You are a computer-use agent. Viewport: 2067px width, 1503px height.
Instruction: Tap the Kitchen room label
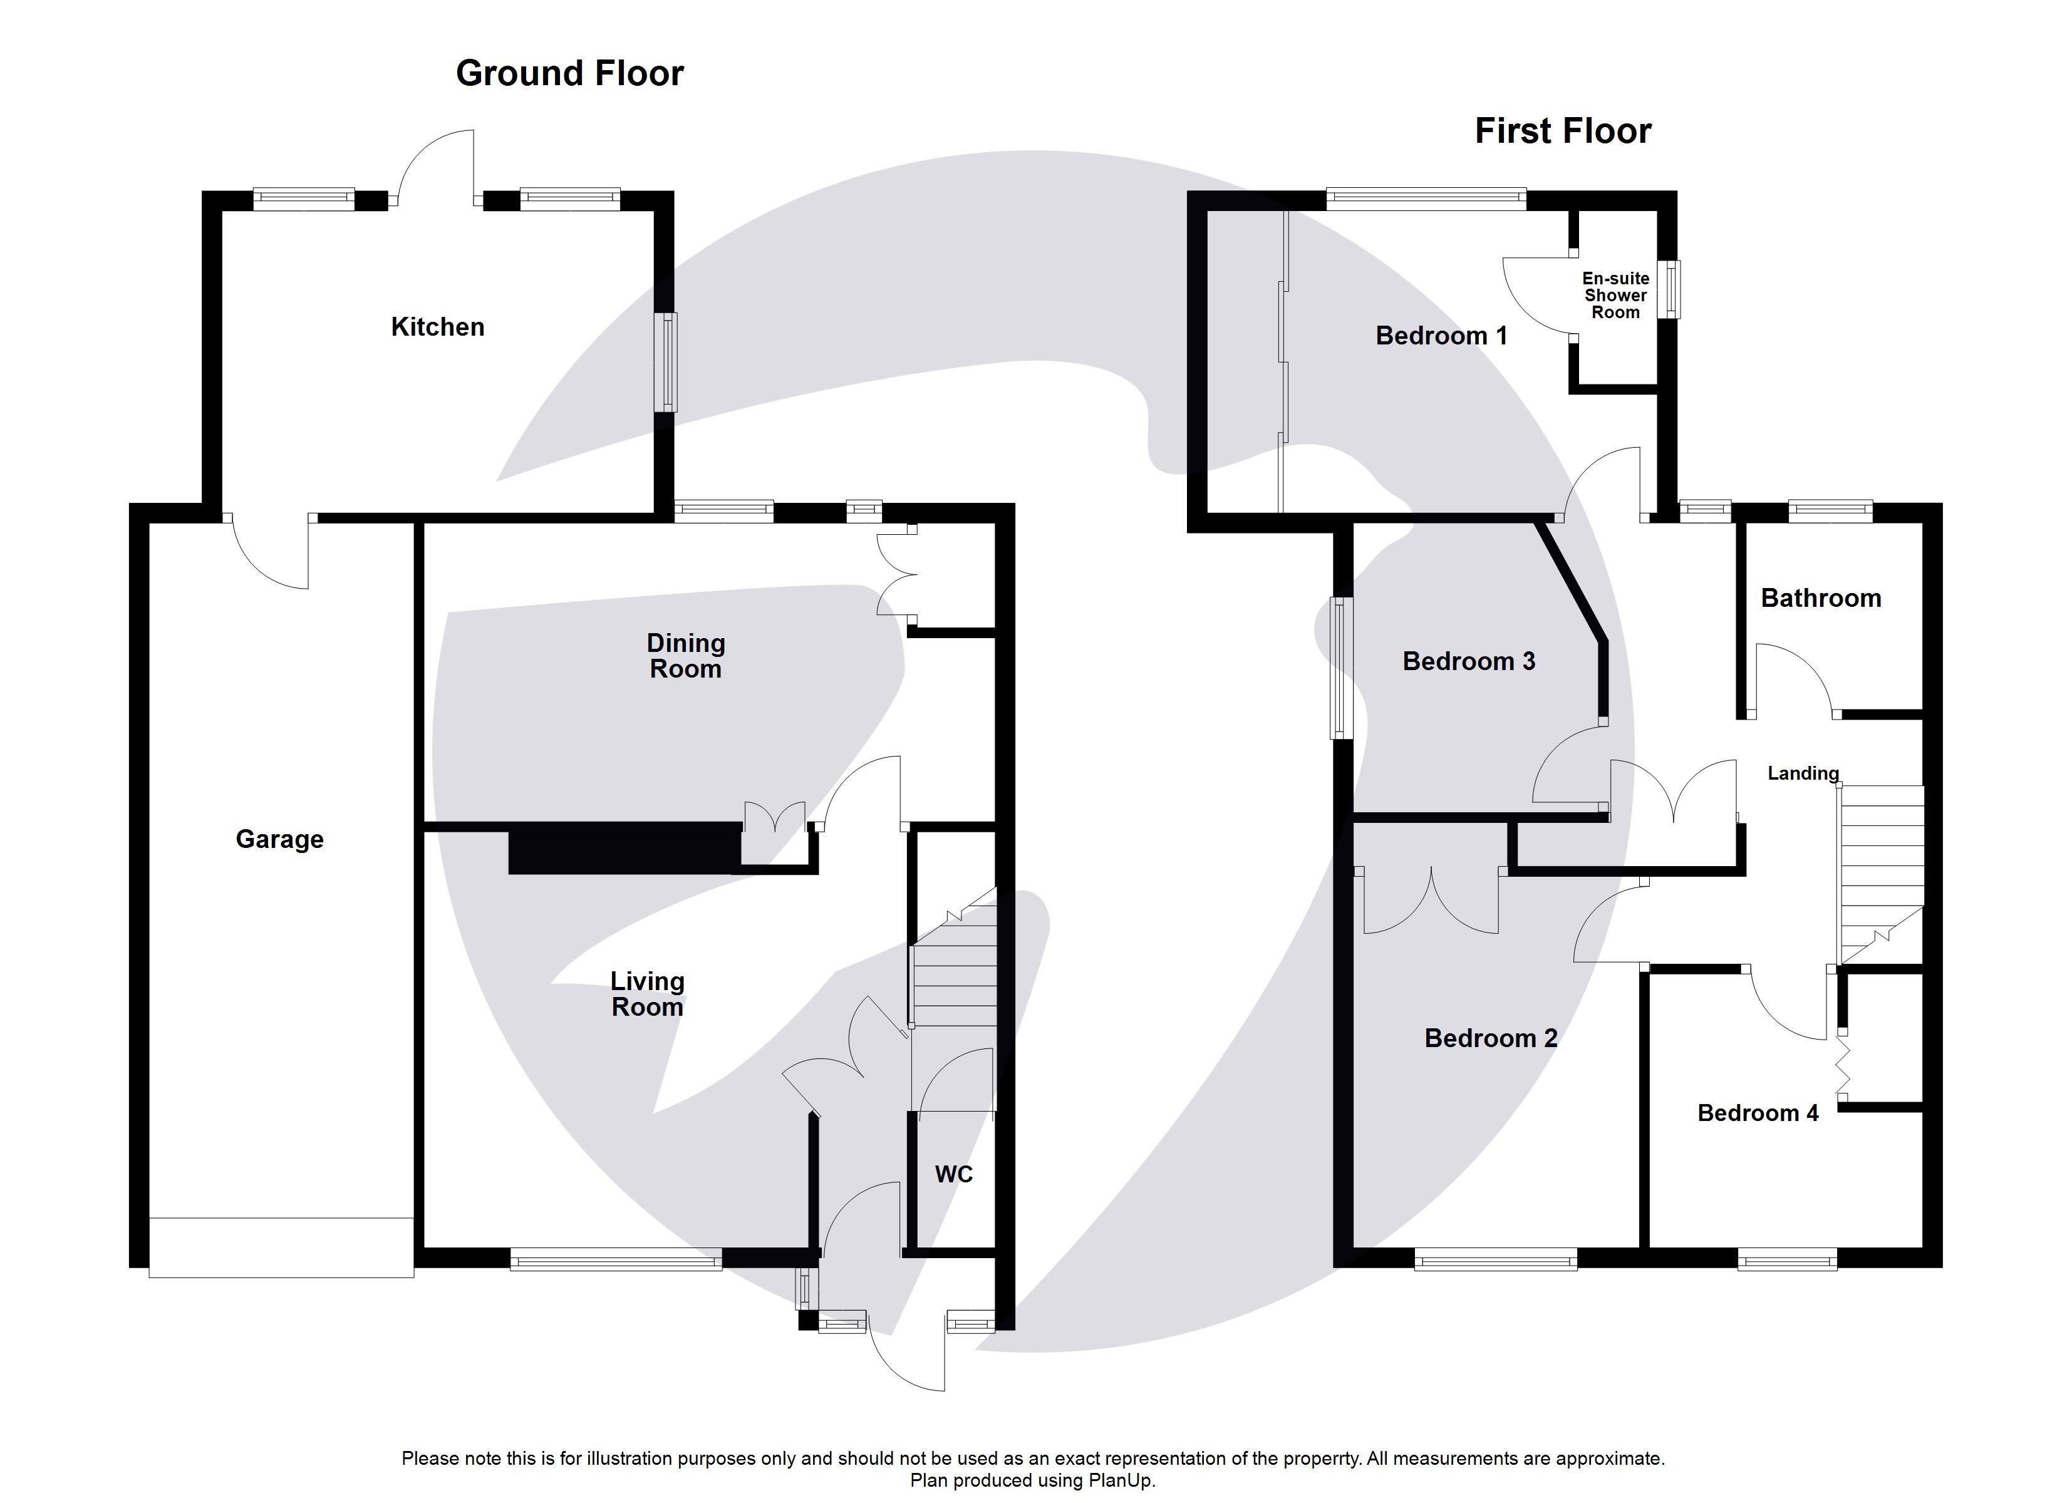tap(437, 327)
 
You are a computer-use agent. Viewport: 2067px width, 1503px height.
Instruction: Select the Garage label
tap(280, 839)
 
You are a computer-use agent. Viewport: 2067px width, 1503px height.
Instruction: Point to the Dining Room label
tap(685, 656)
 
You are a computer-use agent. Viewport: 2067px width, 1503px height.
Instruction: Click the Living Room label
tap(647, 994)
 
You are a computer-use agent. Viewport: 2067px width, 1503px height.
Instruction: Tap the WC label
tap(953, 1174)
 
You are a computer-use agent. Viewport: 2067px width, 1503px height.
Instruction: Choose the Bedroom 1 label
tap(1441, 336)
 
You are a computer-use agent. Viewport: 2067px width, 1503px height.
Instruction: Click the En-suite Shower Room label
tap(1615, 296)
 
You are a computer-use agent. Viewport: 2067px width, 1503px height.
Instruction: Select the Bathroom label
tap(1820, 599)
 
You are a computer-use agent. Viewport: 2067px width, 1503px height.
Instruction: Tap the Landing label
tap(1803, 774)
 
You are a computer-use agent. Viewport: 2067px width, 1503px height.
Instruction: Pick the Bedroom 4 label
tap(1757, 1113)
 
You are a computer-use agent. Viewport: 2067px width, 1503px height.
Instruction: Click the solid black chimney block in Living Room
tap(624, 849)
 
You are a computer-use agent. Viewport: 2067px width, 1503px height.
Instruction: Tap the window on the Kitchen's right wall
tap(669, 362)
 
